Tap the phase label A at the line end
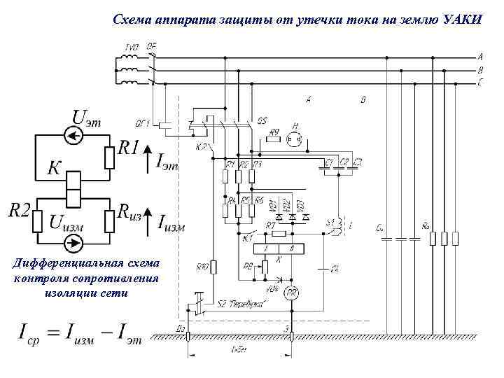480,56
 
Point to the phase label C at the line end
480,82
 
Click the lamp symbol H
295,139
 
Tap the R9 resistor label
274,132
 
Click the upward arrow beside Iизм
148,222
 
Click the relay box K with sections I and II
278,248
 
